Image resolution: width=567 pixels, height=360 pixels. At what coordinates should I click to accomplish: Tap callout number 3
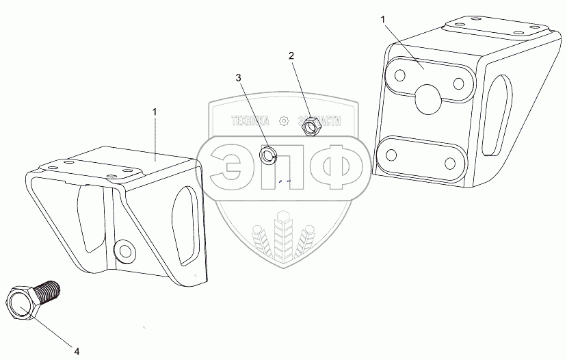coord(239,78)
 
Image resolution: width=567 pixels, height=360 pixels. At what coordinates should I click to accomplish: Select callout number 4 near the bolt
coord(77,351)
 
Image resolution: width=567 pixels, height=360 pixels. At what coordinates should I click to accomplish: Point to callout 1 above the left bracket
coord(155,111)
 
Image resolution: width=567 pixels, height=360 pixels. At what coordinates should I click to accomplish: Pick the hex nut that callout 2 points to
coord(309,125)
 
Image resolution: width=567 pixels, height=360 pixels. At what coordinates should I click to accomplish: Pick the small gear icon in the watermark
coord(283,122)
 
